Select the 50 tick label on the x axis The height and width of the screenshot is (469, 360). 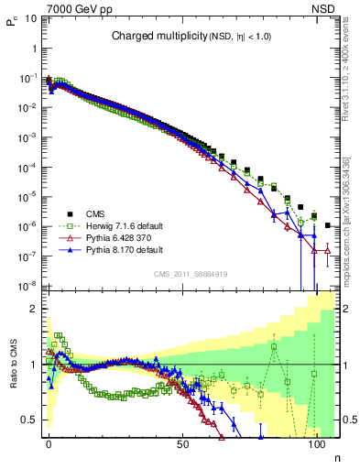[182, 443]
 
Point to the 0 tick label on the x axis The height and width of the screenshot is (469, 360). [49, 443]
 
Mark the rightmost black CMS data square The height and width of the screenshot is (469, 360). [328, 224]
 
